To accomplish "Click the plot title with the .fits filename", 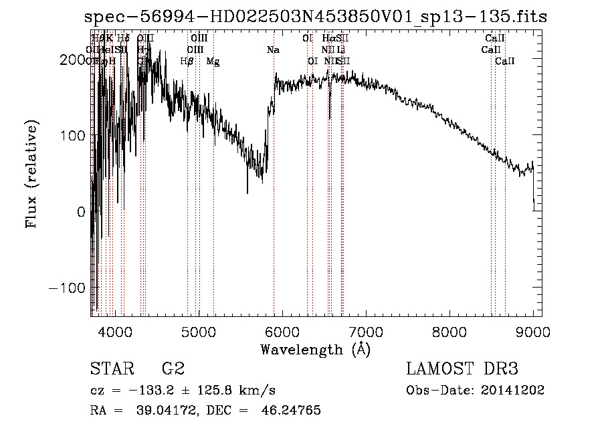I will (317, 17).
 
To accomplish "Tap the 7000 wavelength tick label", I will (366, 331).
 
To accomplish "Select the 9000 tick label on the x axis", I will (532, 331).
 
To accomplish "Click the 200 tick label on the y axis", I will (72, 60).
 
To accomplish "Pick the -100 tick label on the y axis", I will (67, 287).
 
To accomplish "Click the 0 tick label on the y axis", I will (80, 211).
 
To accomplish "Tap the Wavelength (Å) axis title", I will (315, 349).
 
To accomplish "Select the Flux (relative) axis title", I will (32, 175).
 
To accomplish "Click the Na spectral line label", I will (273, 49).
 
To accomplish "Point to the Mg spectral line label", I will (213, 62).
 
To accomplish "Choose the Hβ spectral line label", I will (187, 62).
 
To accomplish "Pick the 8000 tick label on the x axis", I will (449, 331).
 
